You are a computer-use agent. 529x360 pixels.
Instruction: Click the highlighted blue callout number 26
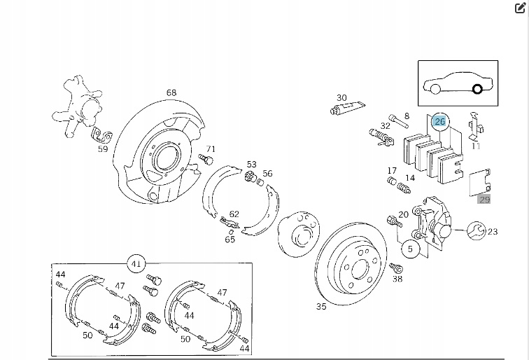coord(439,121)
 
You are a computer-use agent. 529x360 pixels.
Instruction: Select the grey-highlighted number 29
coord(484,200)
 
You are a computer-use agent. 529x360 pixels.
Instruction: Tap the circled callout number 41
coord(136,264)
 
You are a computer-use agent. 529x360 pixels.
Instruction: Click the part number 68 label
coord(171,92)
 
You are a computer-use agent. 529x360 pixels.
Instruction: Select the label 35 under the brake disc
coord(321,306)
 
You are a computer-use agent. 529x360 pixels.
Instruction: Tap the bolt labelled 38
coord(395,268)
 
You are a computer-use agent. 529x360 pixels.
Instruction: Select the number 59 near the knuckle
coord(103,148)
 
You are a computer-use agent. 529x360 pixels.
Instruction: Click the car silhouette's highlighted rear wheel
coord(477,89)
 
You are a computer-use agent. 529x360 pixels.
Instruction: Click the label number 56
coord(268,174)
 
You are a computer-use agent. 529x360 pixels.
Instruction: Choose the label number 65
coord(230,240)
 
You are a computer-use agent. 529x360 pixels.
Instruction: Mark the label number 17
coord(392,171)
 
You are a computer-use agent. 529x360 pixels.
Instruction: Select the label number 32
coord(385,126)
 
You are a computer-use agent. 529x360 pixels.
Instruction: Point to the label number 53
coord(251,164)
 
